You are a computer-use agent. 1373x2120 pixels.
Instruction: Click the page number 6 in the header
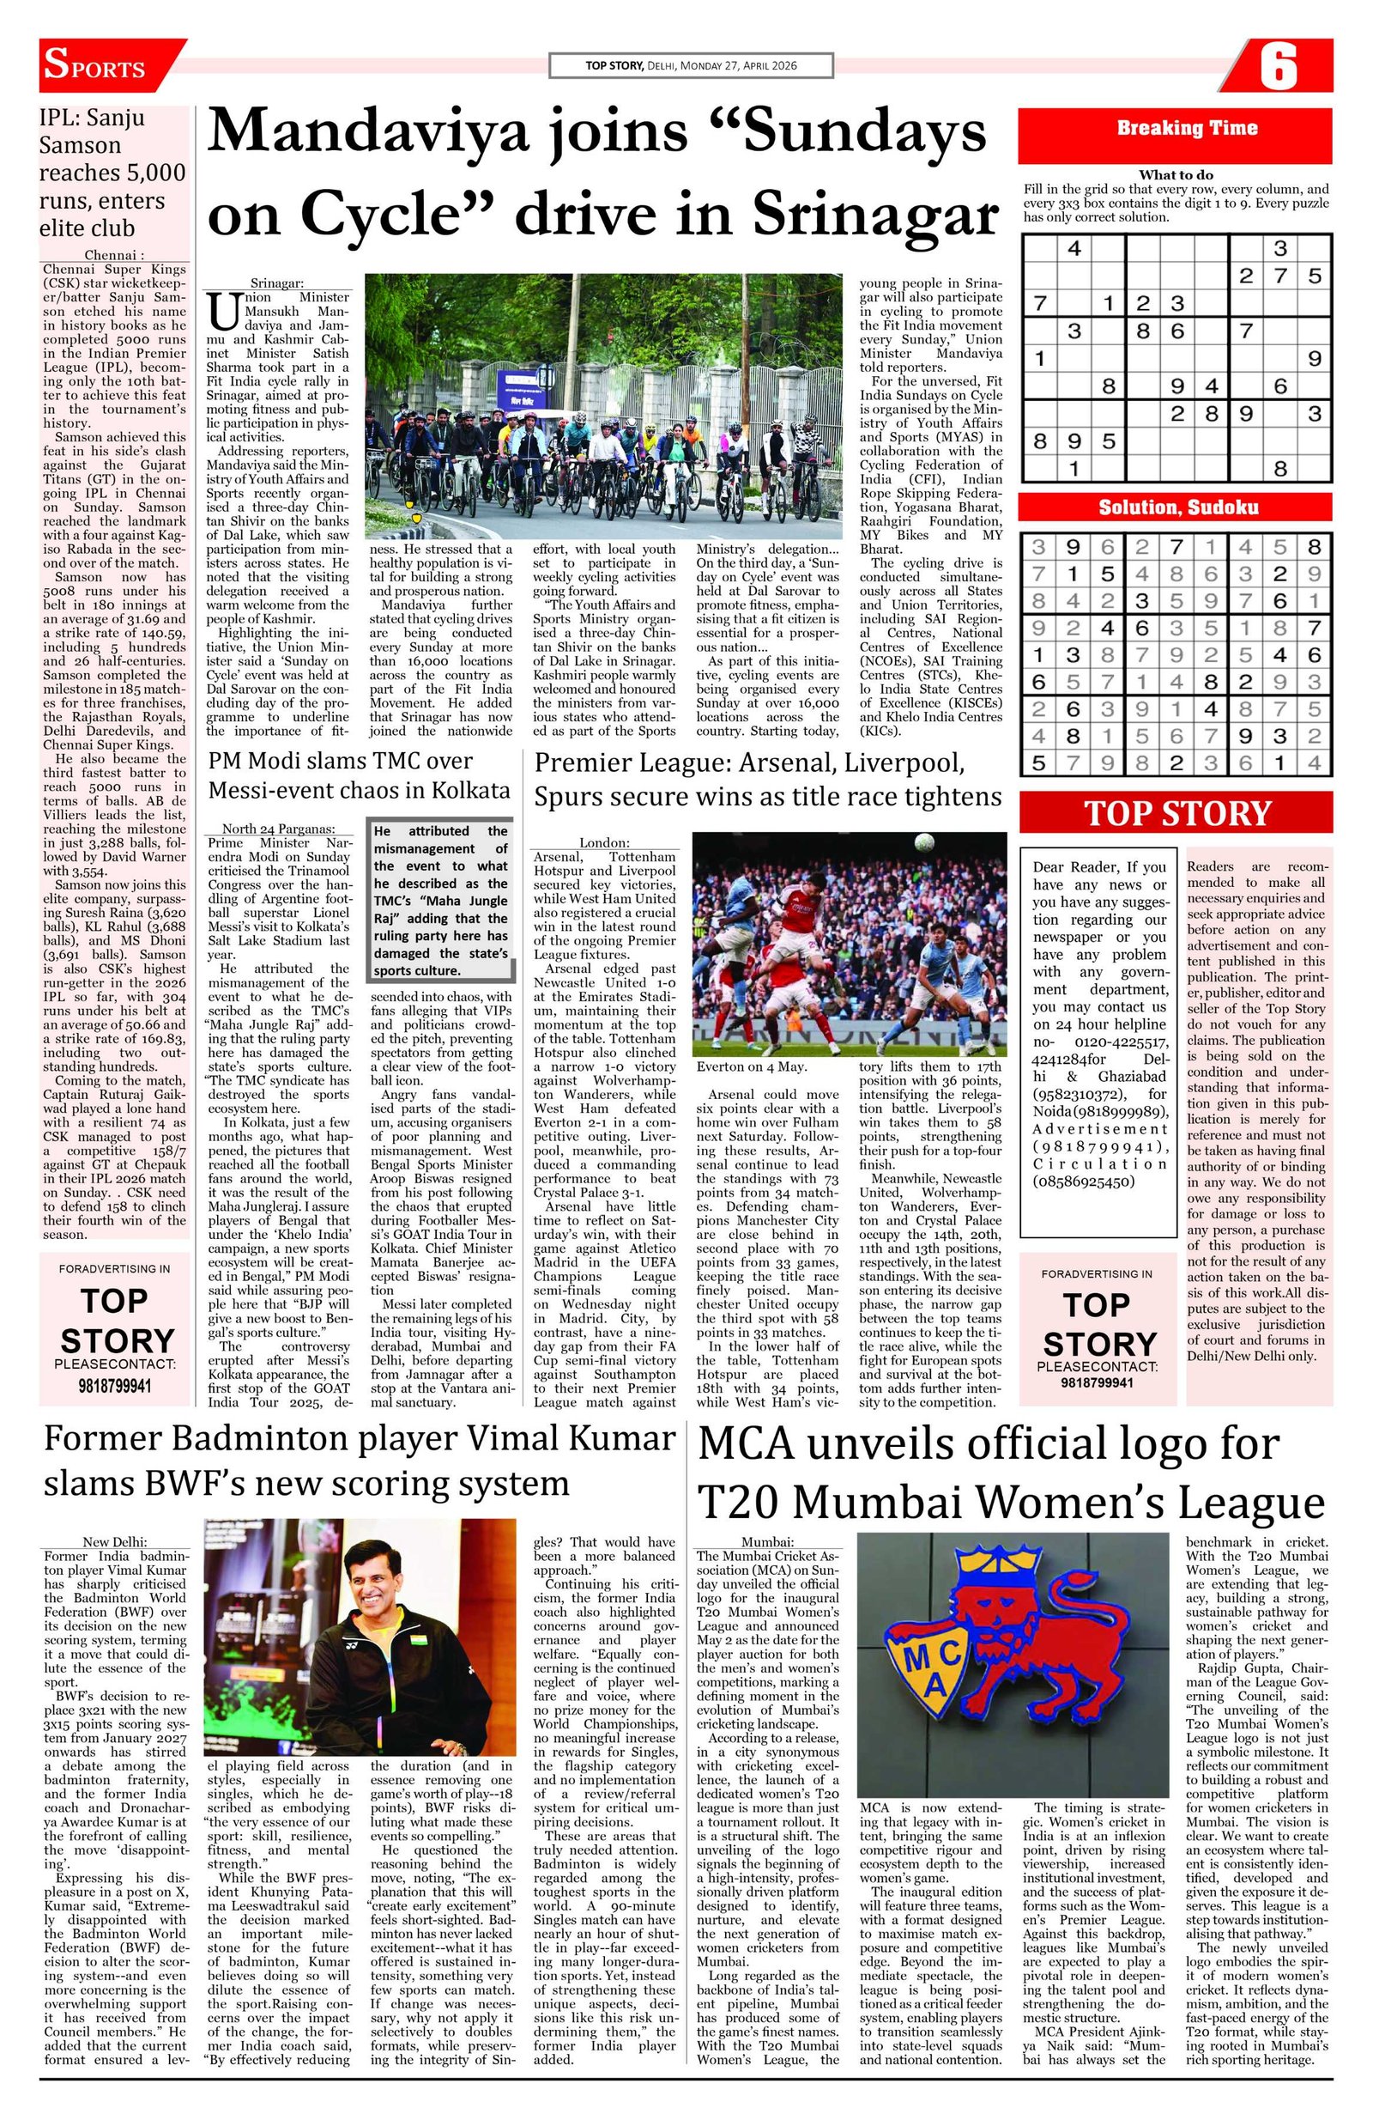[x=1279, y=67]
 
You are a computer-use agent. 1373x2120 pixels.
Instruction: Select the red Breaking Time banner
[x=1176, y=128]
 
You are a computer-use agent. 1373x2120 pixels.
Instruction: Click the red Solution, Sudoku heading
[x=1176, y=507]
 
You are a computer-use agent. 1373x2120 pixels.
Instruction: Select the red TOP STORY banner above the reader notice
[x=1176, y=814]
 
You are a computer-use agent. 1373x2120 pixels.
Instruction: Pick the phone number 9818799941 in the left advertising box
[x=115, y=1387]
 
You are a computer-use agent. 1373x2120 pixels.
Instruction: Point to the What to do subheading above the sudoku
[x=1176, y=175]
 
